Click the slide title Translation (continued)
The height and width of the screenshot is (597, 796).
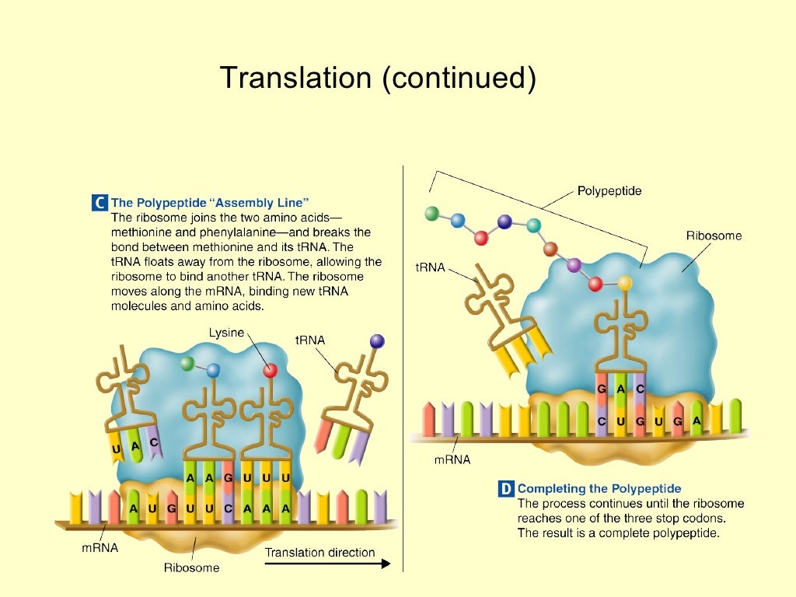coord(378,78)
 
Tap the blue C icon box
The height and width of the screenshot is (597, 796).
coord(99,203)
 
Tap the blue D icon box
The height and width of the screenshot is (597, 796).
coord(505,489)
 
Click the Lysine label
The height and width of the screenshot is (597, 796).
coord(225,333)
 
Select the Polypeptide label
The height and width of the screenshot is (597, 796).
coord(609,190)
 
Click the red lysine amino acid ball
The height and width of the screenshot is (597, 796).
coord(270,371)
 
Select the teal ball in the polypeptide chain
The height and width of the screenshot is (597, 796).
coord(533,225)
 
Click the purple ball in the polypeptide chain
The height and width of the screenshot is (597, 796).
coord(574,266)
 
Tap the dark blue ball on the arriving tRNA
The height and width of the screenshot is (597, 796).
coord(377,340)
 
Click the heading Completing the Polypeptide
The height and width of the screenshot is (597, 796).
coord(599,489)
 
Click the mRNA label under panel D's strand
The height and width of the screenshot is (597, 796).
coord(452,459)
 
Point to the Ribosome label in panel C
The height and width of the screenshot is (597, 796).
coord(191,567)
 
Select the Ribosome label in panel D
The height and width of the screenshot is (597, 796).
coord(714,235)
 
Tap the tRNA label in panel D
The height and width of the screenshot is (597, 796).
coord(430,267)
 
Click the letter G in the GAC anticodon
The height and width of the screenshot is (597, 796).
coord(601,388)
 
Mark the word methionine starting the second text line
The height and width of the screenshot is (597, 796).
coord(143,232)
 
